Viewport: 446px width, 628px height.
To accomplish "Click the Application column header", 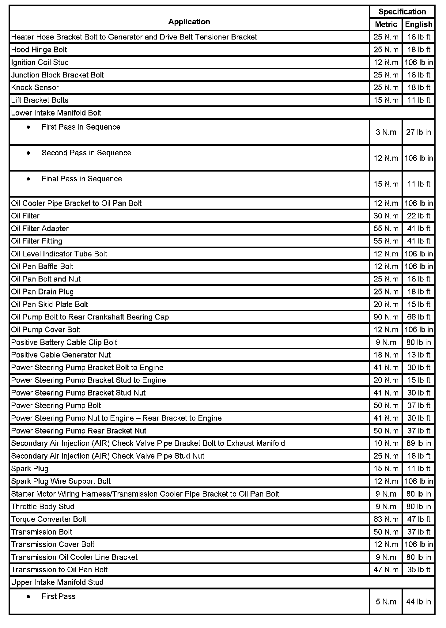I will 189,22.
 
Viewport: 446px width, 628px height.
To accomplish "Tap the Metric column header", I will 386,25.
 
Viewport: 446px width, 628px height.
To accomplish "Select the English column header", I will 418,25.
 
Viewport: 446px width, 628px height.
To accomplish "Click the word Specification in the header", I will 402,12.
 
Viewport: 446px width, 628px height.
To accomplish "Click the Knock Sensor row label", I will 35,88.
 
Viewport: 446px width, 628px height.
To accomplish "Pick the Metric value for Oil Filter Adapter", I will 386,229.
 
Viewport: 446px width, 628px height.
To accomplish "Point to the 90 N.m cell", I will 386,317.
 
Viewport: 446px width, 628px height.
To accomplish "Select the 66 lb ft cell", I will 418,317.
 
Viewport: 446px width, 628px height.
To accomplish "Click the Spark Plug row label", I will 30,469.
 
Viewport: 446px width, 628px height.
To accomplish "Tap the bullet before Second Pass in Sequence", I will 28,153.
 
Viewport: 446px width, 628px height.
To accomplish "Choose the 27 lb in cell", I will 418,132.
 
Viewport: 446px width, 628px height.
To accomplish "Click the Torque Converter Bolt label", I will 49,519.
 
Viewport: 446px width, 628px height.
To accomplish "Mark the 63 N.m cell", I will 386,519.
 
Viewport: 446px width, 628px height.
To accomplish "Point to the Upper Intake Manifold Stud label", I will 57,582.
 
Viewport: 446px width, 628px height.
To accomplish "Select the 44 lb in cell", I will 418,602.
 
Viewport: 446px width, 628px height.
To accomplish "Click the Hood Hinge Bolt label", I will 39,50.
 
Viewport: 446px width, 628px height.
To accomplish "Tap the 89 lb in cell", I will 418,443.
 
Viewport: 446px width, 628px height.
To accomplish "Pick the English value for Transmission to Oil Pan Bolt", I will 418,570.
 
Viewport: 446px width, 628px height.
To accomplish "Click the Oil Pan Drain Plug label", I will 42,292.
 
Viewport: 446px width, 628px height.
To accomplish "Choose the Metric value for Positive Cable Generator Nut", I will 386,355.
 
